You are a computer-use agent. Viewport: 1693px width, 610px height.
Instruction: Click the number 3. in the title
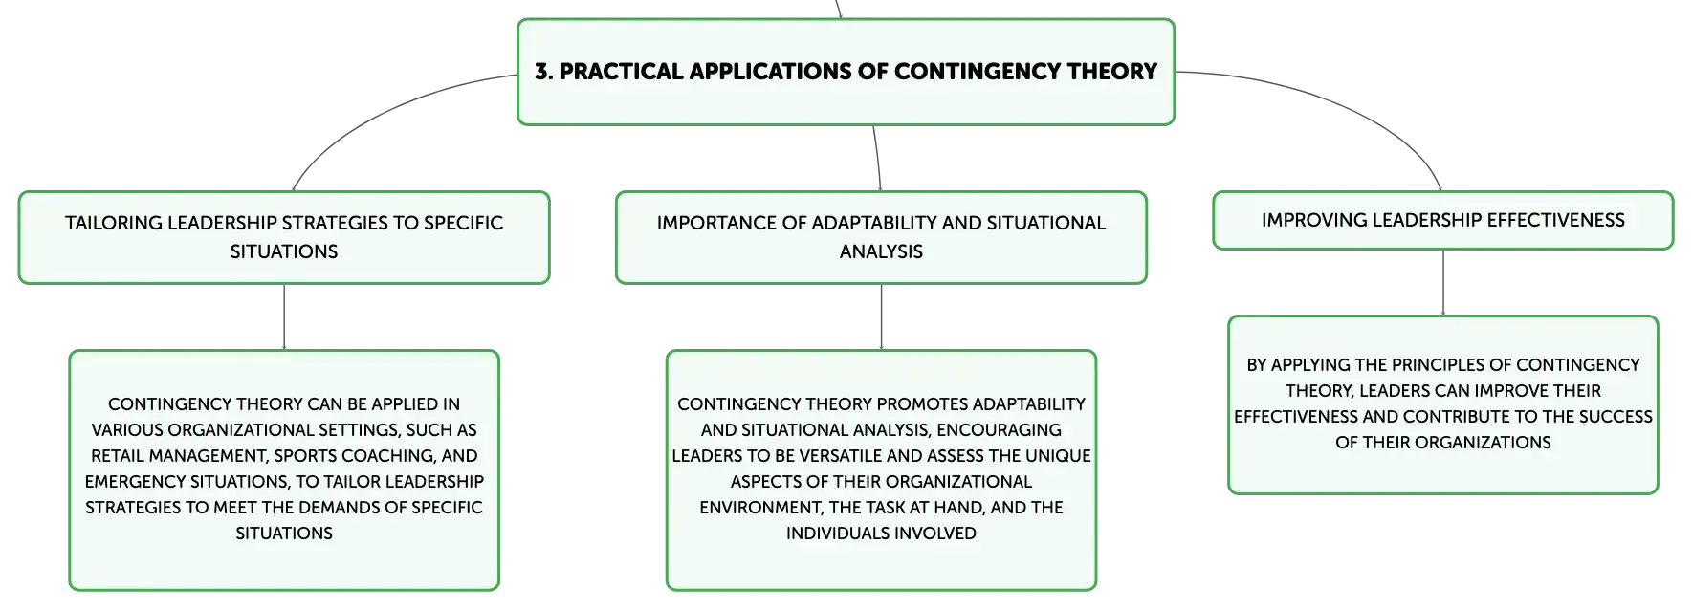tap(543, 72)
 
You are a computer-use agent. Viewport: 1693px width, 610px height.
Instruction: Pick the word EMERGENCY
tap(130, 482)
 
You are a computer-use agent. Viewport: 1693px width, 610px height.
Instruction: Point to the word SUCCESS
tap(1616, 417)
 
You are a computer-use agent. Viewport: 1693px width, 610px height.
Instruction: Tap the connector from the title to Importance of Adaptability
tap(877, 158)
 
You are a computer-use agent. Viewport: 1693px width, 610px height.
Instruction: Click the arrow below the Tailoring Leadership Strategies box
tap(284, 317)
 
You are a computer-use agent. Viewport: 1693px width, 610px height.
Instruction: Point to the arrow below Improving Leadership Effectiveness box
tap(1443, 283)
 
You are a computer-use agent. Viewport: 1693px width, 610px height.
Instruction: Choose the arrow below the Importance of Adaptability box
tap(881, 317)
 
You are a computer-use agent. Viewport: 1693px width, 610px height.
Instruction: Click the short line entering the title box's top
tap(839, 9)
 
